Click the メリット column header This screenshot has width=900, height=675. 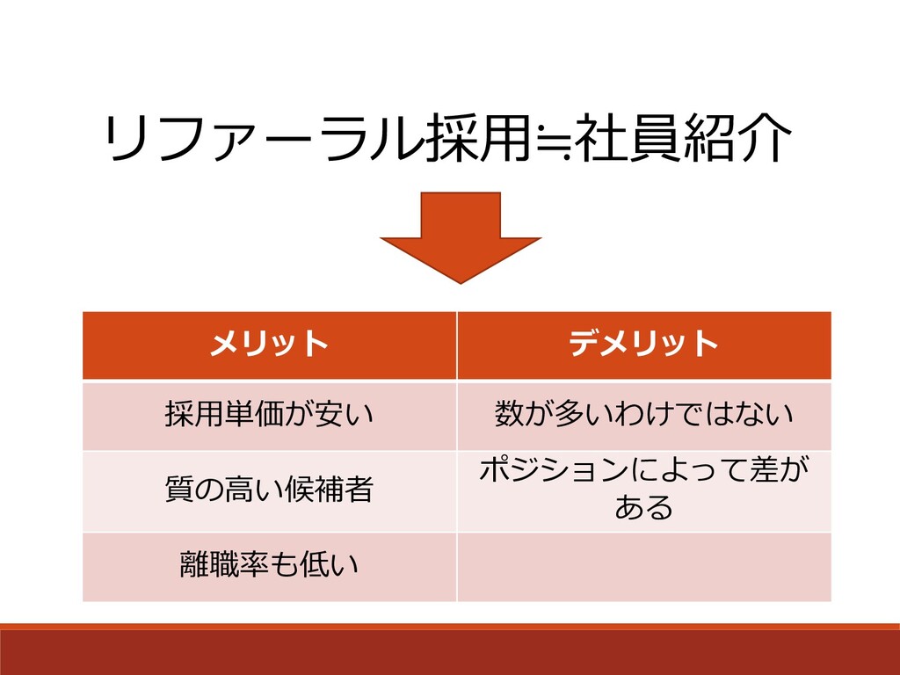pyautogui.click(x=269, y=345)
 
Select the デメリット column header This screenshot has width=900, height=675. pyautogui.click(x=643, y=345)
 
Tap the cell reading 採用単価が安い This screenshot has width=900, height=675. pyautogui.click(x=269, y=414)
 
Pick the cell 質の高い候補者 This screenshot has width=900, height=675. pyautogui.click(x=269, y=490)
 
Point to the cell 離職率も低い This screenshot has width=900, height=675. pyautogui.click(x=269, y=566)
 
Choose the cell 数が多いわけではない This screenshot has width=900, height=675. pyautogui.click(x=643, y=414)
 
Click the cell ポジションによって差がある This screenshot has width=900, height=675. pyautogui.click(x=643, y=490)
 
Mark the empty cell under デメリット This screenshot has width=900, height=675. pyautogui.click(x=643, y=566)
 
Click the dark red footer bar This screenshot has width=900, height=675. pyautogui.click(x=450, y=652)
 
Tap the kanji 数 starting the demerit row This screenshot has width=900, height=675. pyautogui.click(x=509, y=414)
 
